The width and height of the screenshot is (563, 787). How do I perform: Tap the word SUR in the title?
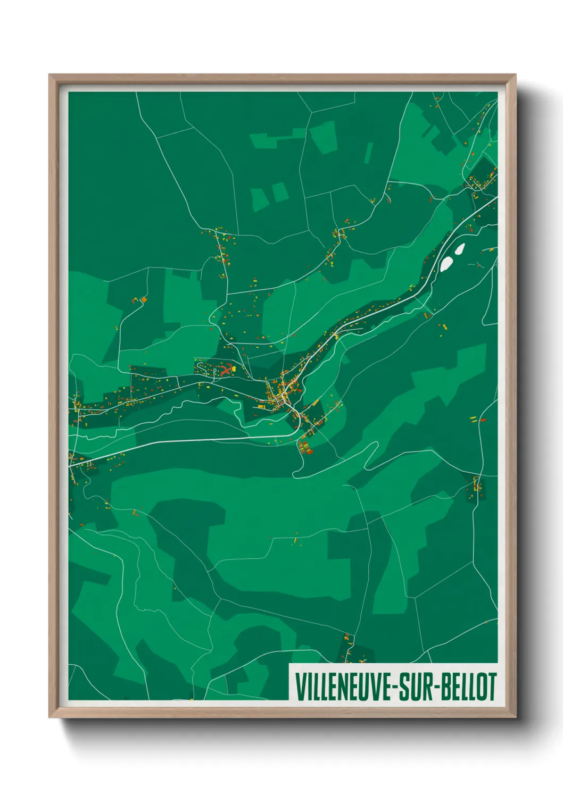[x=415, y=686]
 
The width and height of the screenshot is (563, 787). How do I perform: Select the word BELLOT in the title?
[x=468, y=686]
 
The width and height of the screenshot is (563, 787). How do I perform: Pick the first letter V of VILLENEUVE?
[x=299, y=686]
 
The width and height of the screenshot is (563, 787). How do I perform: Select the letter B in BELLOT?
[x=446, y=686]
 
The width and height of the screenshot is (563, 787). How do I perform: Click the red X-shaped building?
[x=226, y=369]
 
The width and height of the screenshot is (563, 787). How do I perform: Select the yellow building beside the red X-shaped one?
[x=234, y=367]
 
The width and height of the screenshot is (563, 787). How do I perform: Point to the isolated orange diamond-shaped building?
[x=143, y=300]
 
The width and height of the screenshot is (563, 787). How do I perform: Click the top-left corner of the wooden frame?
[x=50, y=76]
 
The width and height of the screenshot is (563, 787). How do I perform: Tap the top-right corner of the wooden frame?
[x=515, y=76]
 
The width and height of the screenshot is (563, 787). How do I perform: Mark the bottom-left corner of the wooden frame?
[x=50, y=716]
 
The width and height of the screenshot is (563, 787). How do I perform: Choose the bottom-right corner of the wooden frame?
[x=515, y=716]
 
